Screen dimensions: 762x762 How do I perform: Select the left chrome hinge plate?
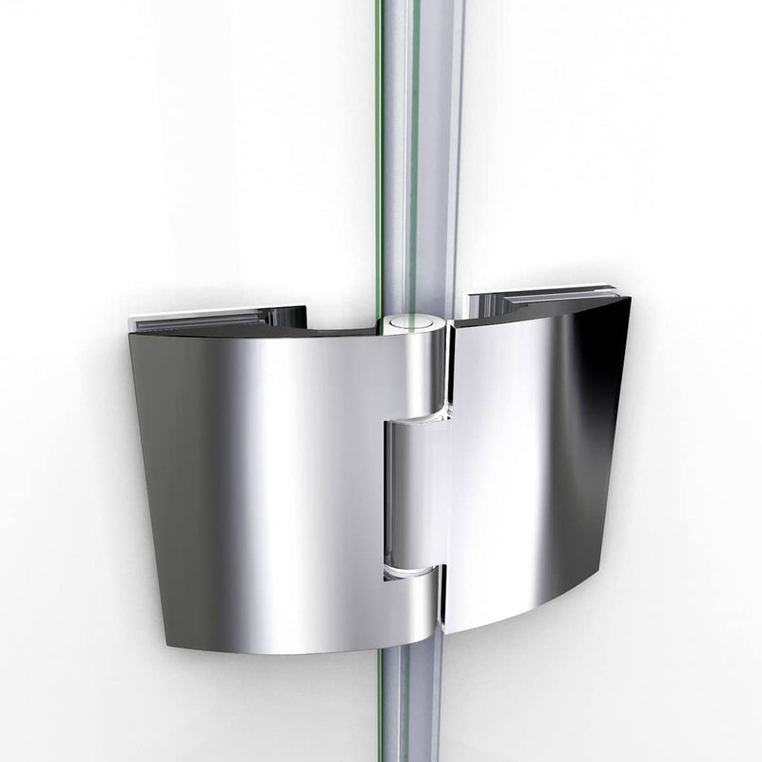point(255,473)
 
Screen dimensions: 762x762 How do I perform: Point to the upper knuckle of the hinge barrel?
point(422,373)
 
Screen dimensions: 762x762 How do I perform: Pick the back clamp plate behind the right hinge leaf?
point(539,302)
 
